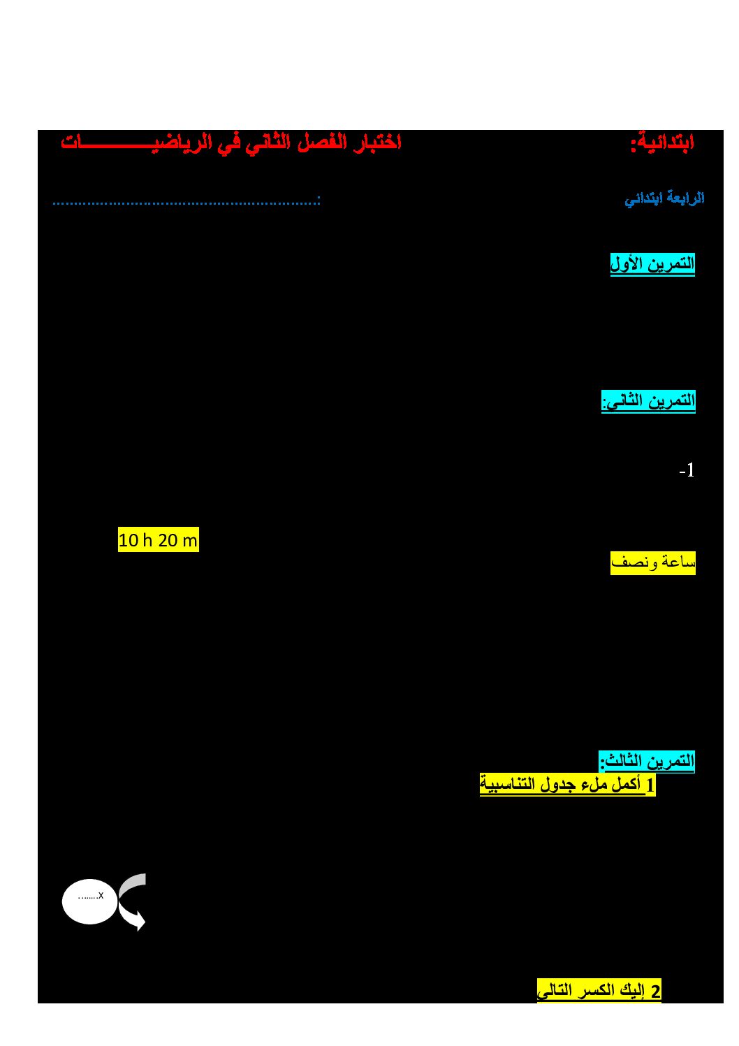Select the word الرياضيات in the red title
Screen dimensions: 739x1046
133,143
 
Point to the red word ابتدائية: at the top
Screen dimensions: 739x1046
662,143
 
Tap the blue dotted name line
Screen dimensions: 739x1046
186,202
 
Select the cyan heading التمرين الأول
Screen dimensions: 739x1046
652,264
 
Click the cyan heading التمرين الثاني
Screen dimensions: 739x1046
648,401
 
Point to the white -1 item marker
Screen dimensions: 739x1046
687,471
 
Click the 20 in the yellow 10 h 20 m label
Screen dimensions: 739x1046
167,541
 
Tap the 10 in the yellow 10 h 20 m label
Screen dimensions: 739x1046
129,541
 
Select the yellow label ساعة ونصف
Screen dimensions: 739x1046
652,563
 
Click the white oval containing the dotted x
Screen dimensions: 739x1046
89,901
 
